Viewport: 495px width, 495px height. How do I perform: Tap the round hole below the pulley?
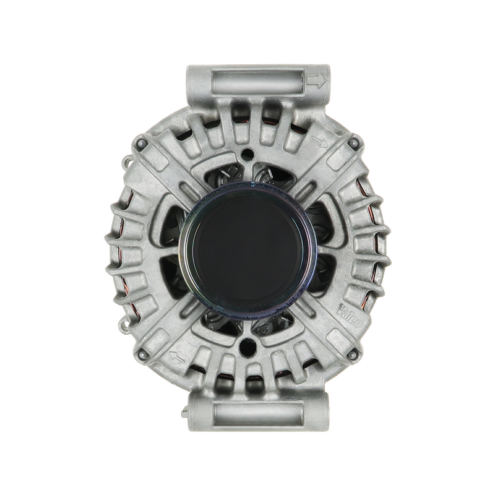pyautogui.click(x=247, y=342)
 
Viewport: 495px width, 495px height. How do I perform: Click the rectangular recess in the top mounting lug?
pyautogui.click(x=257, y=81)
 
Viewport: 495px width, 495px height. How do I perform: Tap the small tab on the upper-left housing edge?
pyautogui.click(x=127, y=162)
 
